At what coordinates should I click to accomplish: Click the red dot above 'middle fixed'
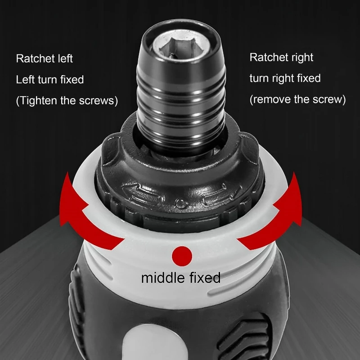coord(182,255)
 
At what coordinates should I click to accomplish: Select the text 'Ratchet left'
coord(44,58)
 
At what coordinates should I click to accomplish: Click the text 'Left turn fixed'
coord(50,80)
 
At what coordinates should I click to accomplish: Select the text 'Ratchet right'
coord(281,58)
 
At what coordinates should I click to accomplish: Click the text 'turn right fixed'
coord(285,78)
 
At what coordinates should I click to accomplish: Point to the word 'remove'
coord(273,99)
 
